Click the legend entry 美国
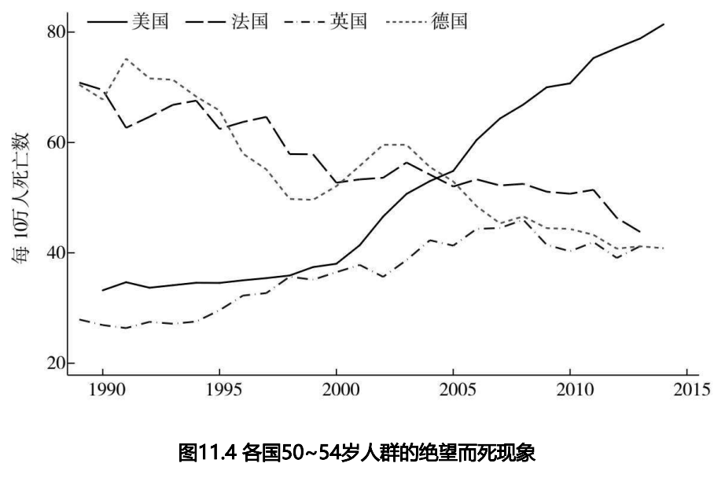(152, 21)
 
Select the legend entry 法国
(251, 21)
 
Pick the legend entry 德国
(449, 21)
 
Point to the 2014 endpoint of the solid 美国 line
(664, 24)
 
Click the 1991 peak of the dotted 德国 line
(126, 59)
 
